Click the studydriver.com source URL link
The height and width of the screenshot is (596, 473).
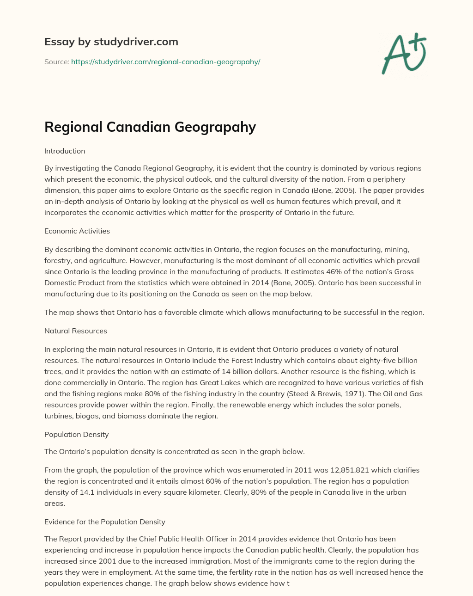(x=165, y=61)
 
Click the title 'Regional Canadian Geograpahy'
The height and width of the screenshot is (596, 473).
(x=150, y=127)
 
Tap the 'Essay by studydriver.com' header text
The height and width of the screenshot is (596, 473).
(x=111, y=42)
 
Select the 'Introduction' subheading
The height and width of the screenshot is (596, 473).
(x=65, y=151)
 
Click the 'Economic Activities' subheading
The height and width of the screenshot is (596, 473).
(x=77, y=231)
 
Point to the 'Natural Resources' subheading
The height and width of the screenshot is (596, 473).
(x=75, y=331)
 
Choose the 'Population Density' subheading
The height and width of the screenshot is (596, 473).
(x=76, y=435)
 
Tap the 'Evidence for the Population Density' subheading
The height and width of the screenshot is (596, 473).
(x=104, y=522)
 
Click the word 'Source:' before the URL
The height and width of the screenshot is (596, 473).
(x=56, y=61)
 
